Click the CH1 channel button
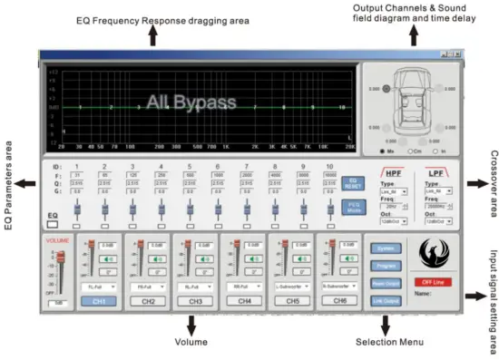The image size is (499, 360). (101, 300)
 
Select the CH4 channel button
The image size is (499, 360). (242, 300)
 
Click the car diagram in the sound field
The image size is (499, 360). (413, 106)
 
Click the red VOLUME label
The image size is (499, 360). (57, 241)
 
